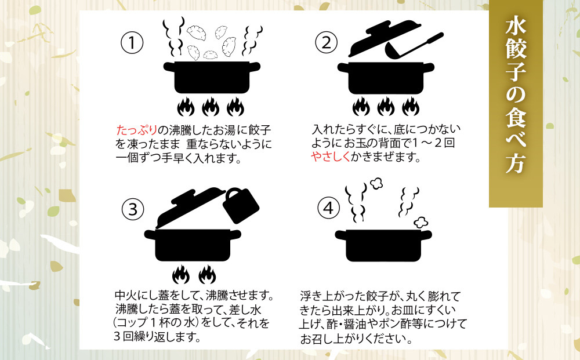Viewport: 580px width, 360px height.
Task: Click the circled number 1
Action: (x=132, y=43)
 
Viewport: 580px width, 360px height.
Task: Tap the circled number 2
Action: (x=326, y=42)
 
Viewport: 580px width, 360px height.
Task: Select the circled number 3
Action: (x=133, y=209)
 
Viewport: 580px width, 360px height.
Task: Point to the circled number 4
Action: (x=328, y=208)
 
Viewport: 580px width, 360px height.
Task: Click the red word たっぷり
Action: (x=137, y=130)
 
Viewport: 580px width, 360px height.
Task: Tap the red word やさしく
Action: (x=331, y=157)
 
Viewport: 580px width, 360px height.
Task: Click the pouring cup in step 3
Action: (x=241, y=205)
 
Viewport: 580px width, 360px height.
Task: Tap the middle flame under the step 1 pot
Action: (x=211, y=107)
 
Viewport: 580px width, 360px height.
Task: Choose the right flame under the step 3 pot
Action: (x=207, y=274)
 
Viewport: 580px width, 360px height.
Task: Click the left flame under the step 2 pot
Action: (x=361, y=107)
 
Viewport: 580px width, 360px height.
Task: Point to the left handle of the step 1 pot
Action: (x=169, y=67)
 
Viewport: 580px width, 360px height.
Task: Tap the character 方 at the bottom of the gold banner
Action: (x=516, y=163)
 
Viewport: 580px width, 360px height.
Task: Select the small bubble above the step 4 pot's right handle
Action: (x=421, y=222)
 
